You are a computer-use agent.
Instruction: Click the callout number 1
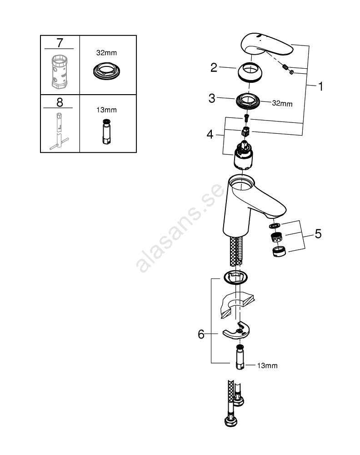[x=320, y=86]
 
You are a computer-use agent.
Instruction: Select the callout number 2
[x=214, y=68]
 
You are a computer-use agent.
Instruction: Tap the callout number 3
[x=212, y=98]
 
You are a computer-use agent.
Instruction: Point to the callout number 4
[x=209, y=134]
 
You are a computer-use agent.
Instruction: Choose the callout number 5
[x=318, y=234]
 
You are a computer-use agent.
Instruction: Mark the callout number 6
[x=201, y=334]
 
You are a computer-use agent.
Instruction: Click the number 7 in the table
[x=60, y=44]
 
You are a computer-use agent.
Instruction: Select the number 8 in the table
[x=60, y=102]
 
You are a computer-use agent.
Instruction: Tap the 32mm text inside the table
[x=107, y=53]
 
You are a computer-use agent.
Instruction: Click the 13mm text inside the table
[x=107, y=110]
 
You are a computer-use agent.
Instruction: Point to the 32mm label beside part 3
[x=282, y=104]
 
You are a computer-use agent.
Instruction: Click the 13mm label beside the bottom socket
[x=267, y=365]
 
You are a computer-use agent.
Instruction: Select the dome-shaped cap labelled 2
[x=250, y=71]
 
